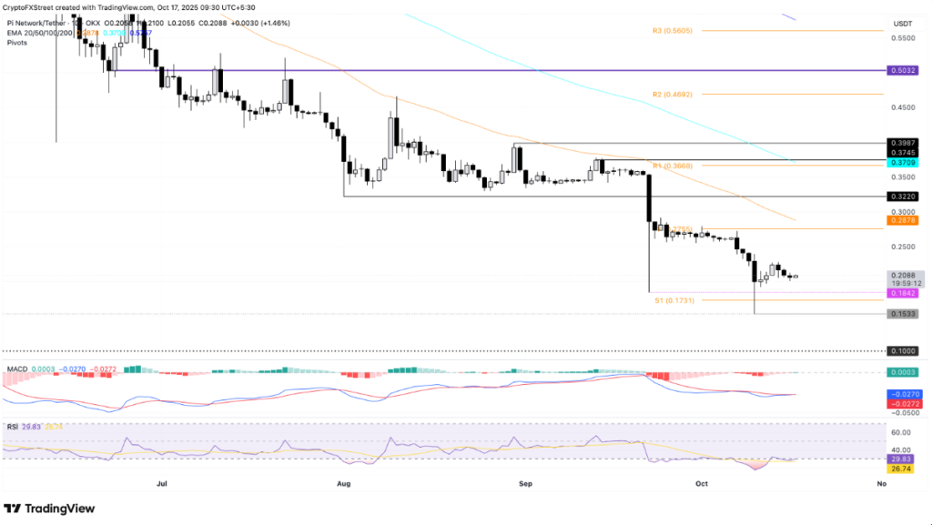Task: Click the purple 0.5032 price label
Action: [x=902, y=70]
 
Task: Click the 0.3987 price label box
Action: [x=902, y=143]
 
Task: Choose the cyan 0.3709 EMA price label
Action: [x=902, y=162]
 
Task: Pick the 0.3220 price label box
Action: [x=902, y=196]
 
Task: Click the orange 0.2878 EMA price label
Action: [x=902, y=220]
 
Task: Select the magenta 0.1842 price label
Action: [x=902, y=293]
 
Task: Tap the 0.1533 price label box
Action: [x=902, y=314]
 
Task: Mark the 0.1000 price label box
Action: [x=902, y=350]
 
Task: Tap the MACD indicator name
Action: [x=15, y=369]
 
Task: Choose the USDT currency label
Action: [x=902, y=24]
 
